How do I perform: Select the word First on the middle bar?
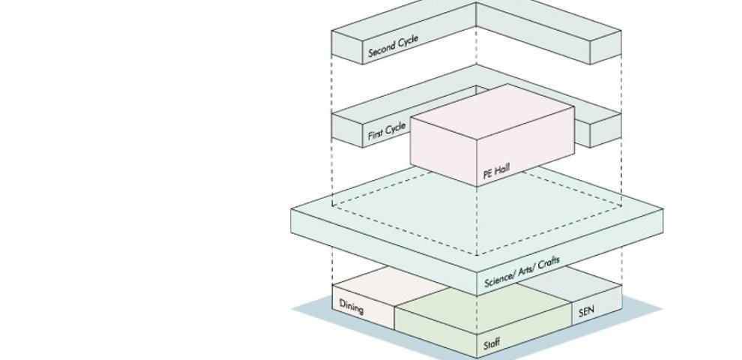(x=376, y=135)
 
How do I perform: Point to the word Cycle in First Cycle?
(x=398, y=127)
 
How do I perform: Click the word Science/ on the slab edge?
(x=498, y=277)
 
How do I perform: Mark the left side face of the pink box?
(x=443, y=150)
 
